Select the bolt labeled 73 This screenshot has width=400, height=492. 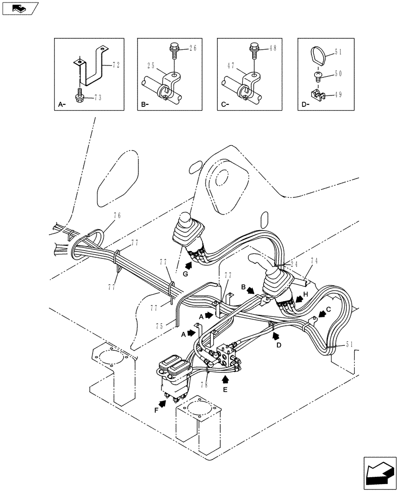pyautogui.click(x=80, y=96)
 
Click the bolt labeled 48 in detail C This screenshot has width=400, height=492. pyautogui.click(x=255, y=48)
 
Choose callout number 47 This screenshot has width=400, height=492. pyautogui.click(x=230, y=65)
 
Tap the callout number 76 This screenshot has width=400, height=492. pyautogui.click(x=117, y=215)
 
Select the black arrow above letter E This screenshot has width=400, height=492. pyautogui.click(x=226, y=379)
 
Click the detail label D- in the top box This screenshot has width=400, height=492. pyautogui.click(x=305, y=104)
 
